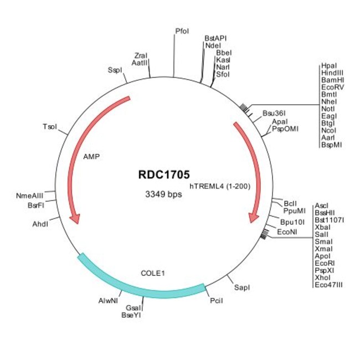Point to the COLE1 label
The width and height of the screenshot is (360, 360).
[x=153, y=273]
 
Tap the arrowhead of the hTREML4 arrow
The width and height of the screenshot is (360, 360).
[x=254, y=218]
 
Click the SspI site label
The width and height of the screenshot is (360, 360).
[x=115, y=70]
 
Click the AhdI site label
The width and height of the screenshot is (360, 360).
[x=41, y=224]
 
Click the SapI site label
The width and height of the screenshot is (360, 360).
[x=242, y=287]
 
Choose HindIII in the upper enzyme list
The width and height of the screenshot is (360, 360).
[x=332, y=73]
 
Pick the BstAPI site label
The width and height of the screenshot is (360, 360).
[x=215, y=38]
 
